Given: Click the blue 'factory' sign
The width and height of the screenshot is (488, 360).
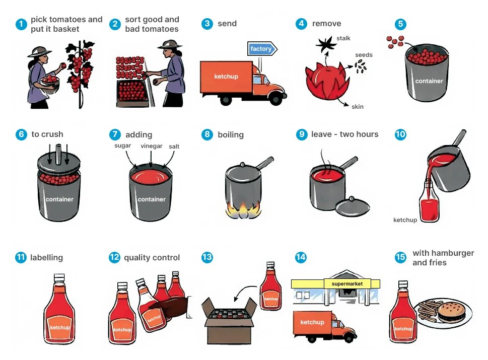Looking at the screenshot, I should tap(261, 49).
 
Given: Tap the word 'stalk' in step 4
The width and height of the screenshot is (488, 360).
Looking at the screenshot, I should tap(343, 38).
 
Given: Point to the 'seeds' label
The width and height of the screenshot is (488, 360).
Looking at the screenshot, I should tap(364, 55).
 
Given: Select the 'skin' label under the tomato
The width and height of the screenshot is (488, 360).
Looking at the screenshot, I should tap(357, 107).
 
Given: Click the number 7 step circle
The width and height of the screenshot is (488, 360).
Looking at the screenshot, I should tap(115, 134).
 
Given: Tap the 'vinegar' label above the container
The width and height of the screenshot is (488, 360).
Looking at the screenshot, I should tap(152, 146).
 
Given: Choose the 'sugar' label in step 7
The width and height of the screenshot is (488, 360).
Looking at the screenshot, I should tap(123, 146).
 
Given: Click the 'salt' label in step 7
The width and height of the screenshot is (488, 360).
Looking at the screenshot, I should tap(174, 147).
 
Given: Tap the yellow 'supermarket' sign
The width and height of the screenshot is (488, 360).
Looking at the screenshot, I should tap(347, 284).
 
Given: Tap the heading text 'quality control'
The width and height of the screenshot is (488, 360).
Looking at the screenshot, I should tap(152, 258).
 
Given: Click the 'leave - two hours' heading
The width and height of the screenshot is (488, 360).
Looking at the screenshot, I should tap(344, 134).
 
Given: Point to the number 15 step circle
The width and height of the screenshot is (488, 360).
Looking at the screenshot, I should tap(400, 257).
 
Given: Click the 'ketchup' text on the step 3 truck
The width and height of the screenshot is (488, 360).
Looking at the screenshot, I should tap(226, 77).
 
